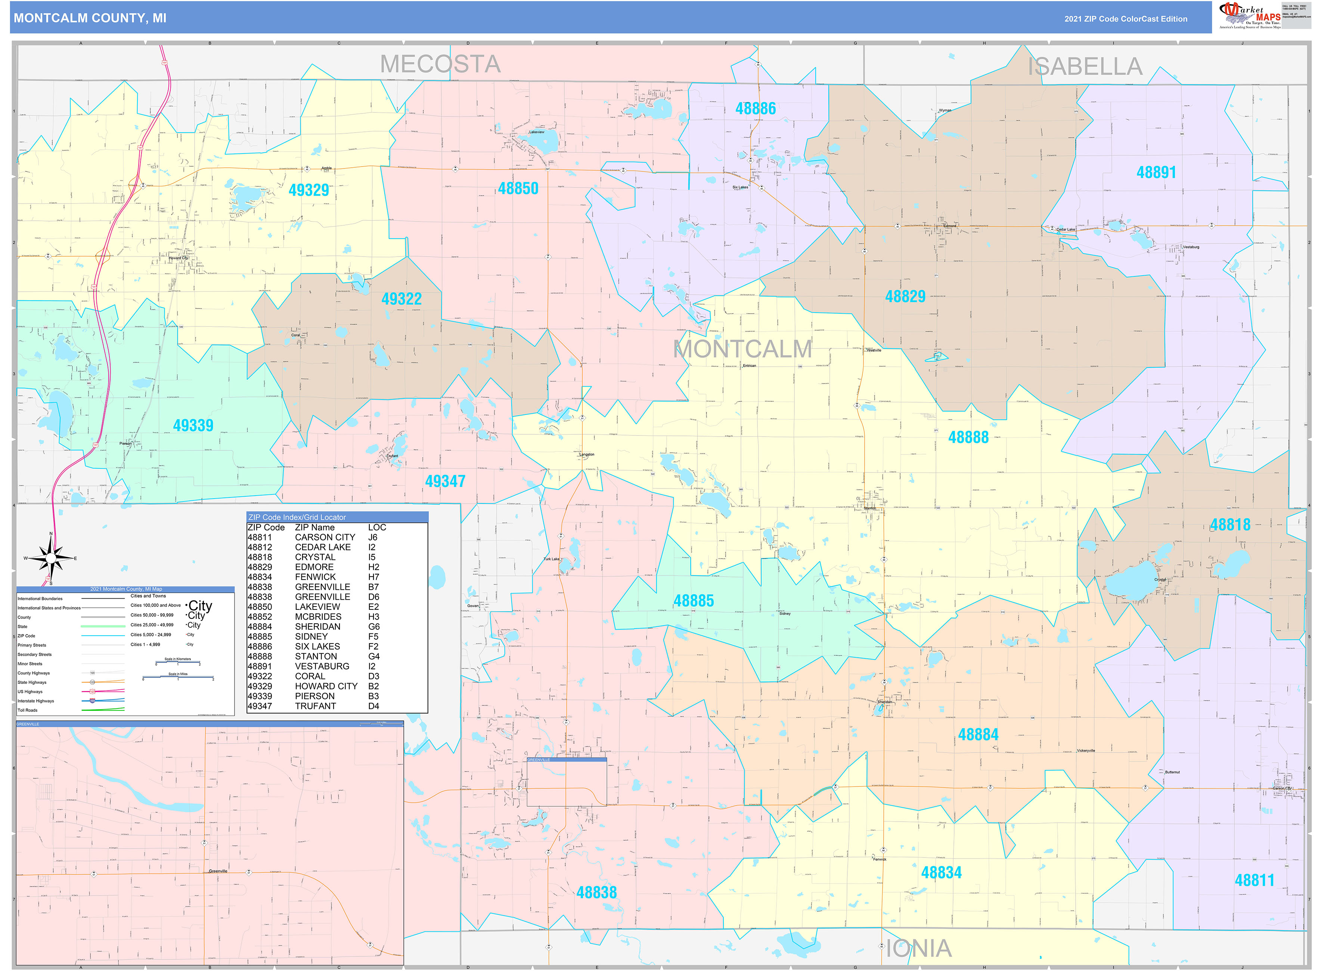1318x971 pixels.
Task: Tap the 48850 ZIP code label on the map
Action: (x=518, y=189)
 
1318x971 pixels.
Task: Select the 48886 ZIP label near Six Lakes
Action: (x=756, y=109)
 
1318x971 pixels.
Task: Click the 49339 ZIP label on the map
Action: (x=193, y=425)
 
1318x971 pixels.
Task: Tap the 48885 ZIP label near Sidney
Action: (x=694, y=601)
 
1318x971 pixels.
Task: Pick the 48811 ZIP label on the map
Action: (x=1254, y=880)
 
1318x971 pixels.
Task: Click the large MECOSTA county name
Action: (x=440, y=64)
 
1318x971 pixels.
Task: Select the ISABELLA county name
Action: (x=1085, y=66)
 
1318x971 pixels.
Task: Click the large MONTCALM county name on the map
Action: (x=742, y=349)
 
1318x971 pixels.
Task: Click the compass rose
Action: (x=51, y=557)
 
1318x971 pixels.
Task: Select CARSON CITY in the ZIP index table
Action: (x=325, y=537)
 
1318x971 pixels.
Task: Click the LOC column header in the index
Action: (x=377, y=527)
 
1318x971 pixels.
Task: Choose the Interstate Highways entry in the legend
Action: (x=36, y=701)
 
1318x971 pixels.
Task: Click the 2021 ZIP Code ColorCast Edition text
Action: (x=1125, y=19)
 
